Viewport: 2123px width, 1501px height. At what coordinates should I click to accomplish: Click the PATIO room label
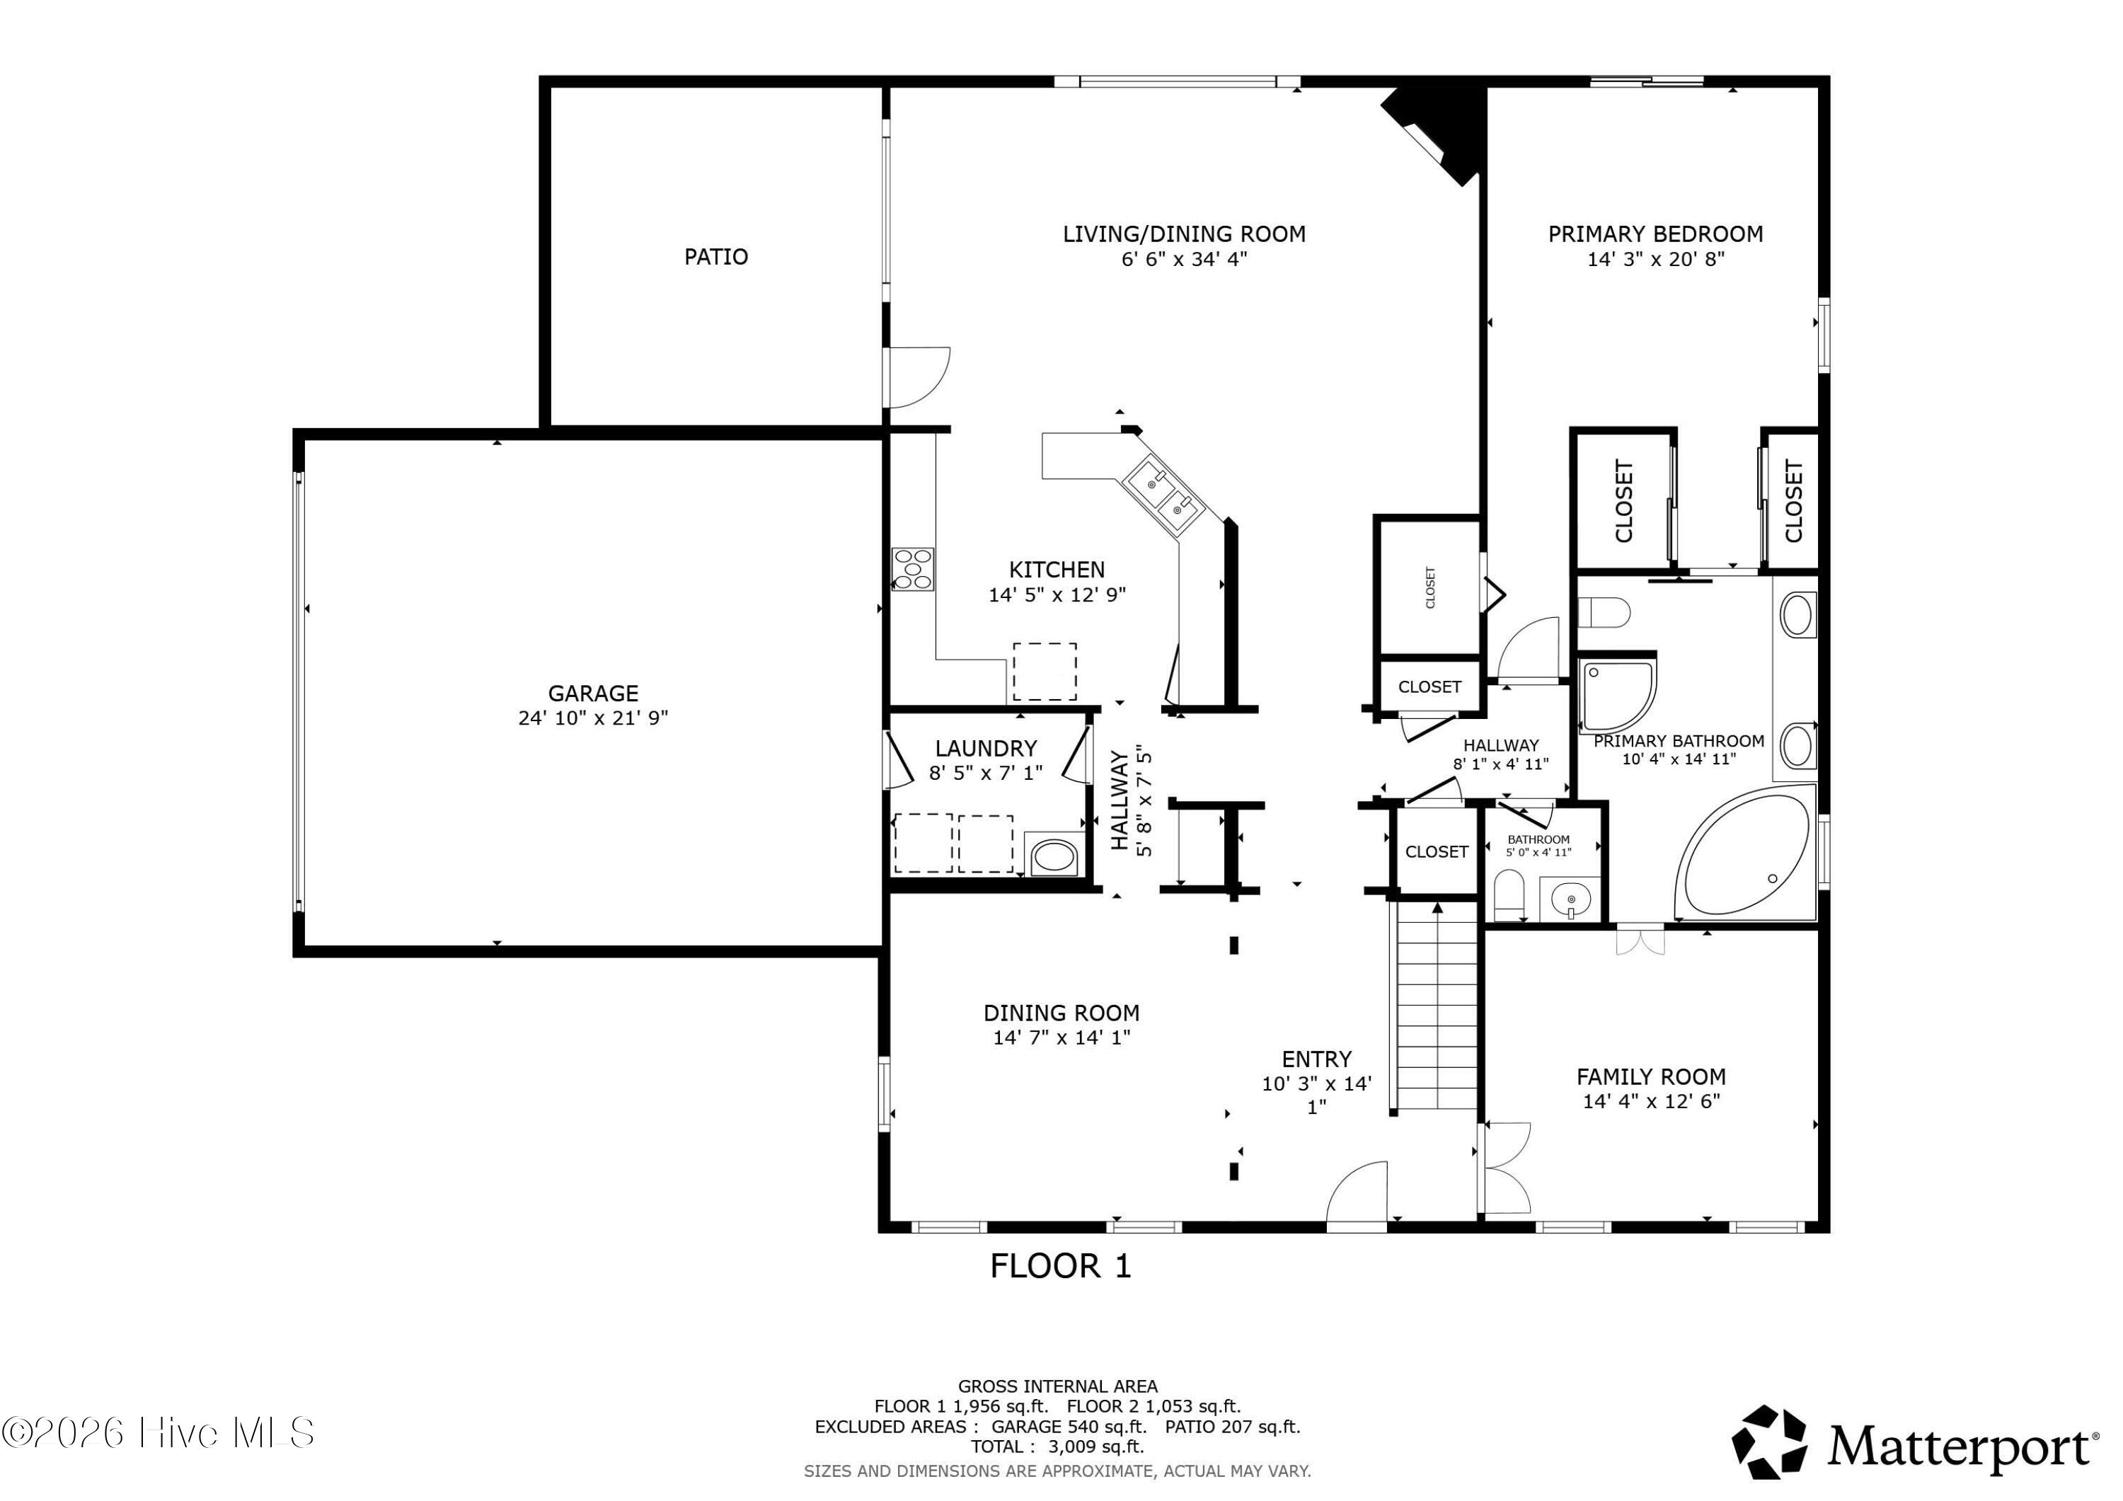[x=715, y=256]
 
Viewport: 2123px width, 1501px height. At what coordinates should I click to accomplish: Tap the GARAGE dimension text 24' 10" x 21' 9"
[x=593, y=718]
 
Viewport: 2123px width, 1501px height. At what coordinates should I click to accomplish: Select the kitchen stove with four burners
[x=913, y=569]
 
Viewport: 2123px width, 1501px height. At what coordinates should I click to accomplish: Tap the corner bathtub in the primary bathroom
[x=1746, y=853]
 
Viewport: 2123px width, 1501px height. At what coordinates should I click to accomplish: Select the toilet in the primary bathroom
[x=1604, y=611]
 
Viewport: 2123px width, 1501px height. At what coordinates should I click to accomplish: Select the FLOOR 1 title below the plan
[x=1061, y=1266]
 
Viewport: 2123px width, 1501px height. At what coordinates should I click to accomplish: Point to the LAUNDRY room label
[x=986, y=748]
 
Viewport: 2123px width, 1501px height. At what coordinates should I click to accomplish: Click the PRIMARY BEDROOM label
[x=1655, y=234]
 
